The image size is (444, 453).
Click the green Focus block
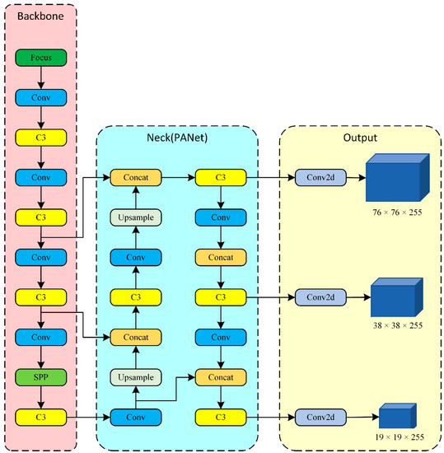41,58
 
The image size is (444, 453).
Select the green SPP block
41,378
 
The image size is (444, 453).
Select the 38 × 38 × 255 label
396,325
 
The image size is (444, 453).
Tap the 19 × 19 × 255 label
397,437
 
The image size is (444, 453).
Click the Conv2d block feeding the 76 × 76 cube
318,176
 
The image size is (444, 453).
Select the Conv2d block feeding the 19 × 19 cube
318,418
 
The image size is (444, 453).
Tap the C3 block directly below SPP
41,418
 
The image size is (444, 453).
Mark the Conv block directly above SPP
41,338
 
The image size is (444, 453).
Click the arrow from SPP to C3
41,398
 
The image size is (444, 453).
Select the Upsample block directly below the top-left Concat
136,217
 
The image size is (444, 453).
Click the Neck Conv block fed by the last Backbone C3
136,418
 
